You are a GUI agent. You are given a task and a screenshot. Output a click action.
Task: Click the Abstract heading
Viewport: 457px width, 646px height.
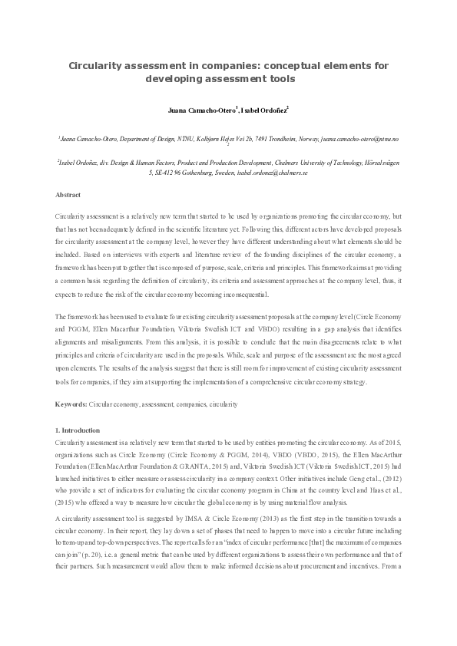[69, 196]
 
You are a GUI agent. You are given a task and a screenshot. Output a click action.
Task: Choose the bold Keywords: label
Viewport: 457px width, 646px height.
[72, 404]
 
